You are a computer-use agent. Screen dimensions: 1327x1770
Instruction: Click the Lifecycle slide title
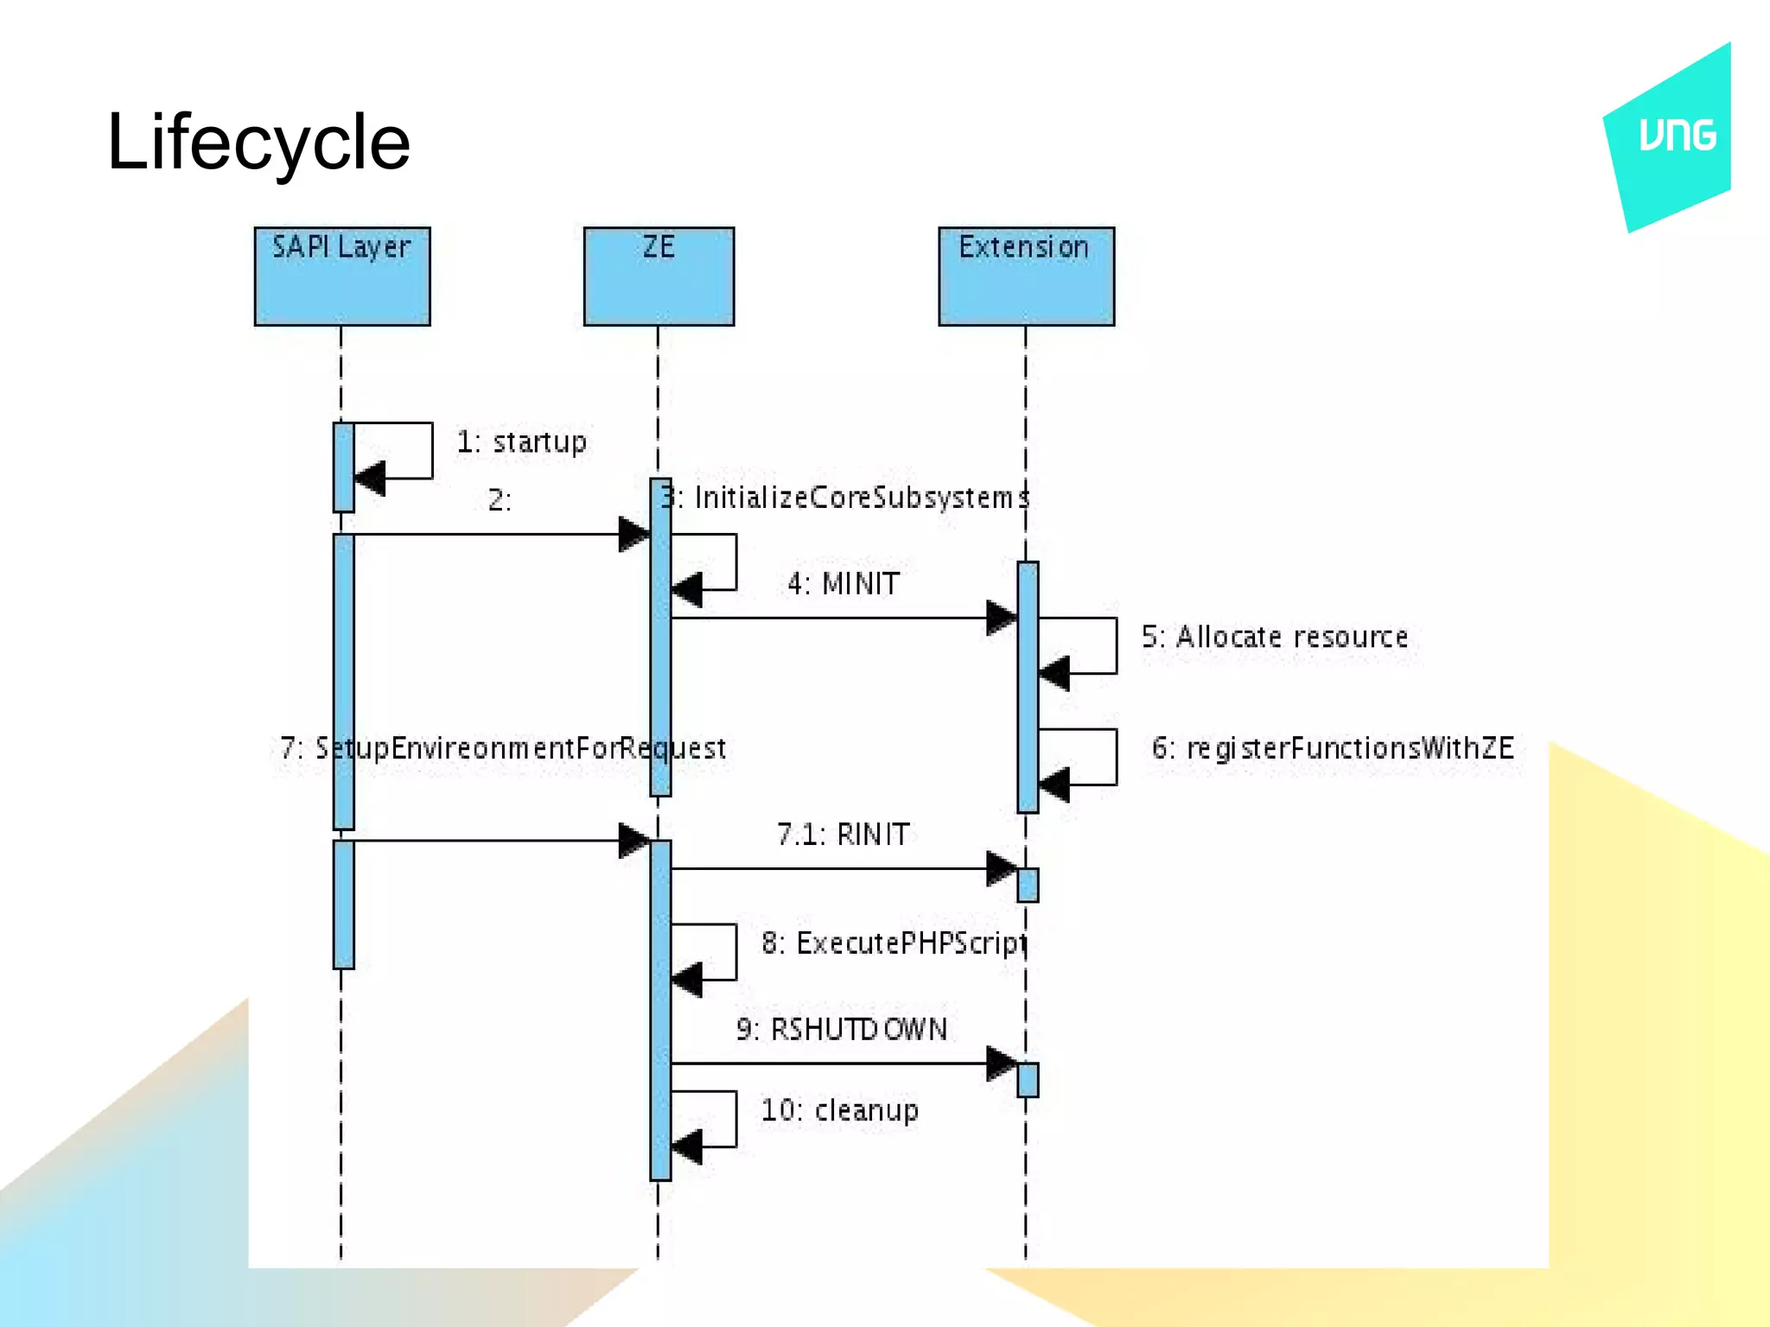point(258,143)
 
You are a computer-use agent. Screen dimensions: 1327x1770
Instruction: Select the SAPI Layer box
point(342,276)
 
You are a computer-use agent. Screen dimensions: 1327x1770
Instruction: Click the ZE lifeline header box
point(659,276)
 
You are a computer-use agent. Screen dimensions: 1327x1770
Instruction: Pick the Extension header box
point(1026,276)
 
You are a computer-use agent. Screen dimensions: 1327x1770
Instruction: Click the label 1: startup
point(521,442)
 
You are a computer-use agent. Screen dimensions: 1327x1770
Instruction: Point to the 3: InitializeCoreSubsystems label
point(845,498)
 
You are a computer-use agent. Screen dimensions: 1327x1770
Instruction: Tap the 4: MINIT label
point(844,585)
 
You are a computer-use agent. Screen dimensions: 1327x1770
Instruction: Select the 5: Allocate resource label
point(1275,638)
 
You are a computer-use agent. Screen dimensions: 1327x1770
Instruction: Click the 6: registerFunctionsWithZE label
point(1333,749)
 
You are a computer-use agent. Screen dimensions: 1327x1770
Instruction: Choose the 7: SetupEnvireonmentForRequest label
point(503,749)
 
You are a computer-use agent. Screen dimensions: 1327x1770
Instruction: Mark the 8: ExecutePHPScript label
point(895,943)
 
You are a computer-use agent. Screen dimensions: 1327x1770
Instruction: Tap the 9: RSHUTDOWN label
point(842,1030)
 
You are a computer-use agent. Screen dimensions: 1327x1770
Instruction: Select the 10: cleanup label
point(839,1111)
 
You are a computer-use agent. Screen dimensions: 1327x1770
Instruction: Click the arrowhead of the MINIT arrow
point(1001,619)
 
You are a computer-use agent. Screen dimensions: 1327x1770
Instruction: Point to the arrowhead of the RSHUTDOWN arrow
point(1001,1064)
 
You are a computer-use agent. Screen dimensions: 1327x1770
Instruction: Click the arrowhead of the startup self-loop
point(370,478)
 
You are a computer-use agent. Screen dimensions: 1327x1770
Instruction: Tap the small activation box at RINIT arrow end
point(1028,885)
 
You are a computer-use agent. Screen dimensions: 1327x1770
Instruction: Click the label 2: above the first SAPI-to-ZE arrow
point(500,500)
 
